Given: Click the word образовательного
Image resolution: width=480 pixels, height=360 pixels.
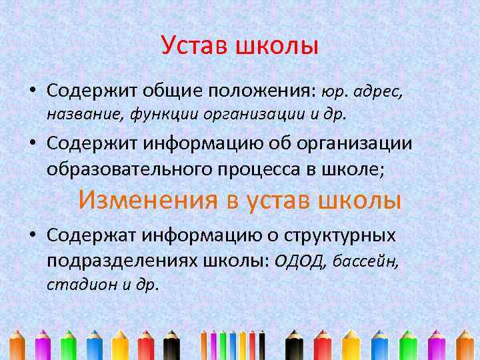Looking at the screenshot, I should click(129, 169).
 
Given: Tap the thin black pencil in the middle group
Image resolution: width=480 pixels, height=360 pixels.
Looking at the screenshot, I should click(262, 342).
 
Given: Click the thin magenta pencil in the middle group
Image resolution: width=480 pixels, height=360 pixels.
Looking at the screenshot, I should click(213, 342).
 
